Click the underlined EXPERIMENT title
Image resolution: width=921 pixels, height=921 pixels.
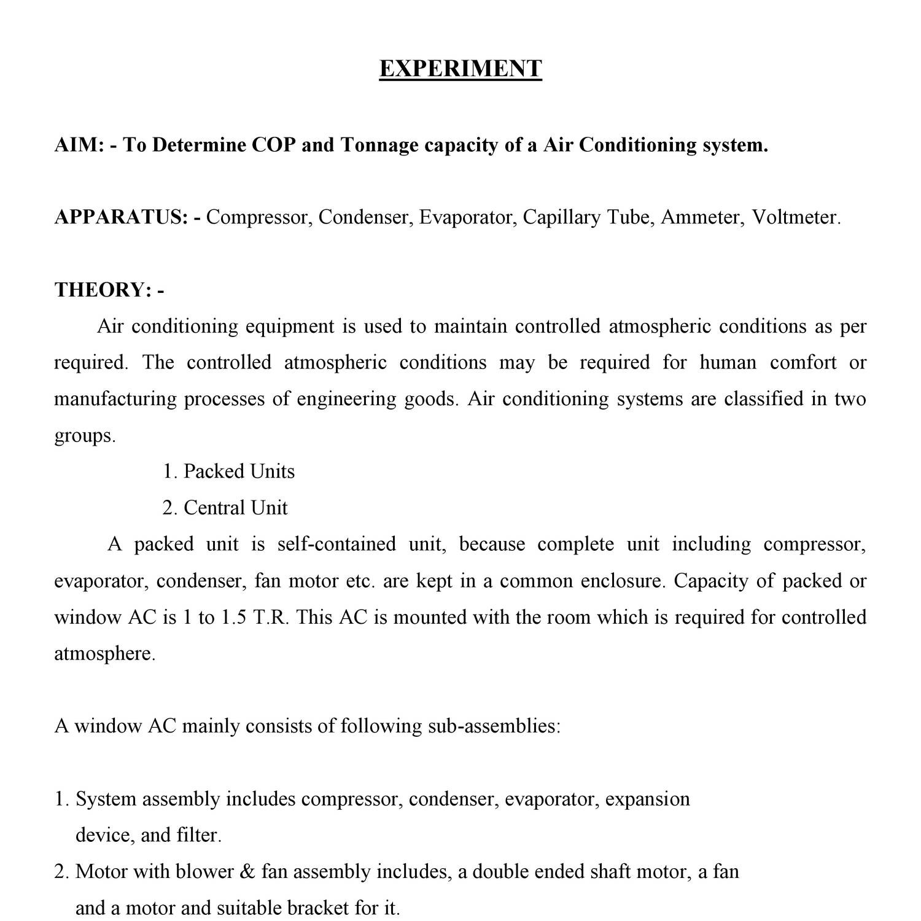(x=460, y=68)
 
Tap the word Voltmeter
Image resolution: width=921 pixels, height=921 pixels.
(x=796, y=217)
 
